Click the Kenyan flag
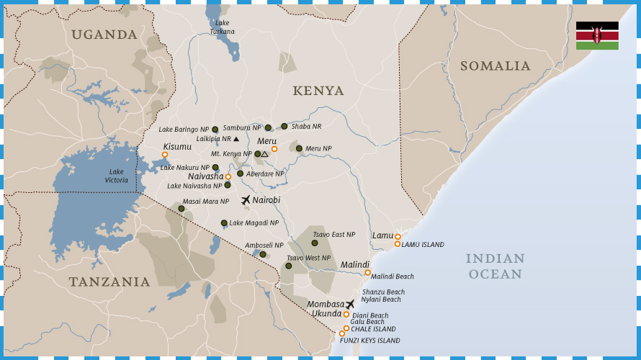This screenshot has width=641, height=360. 597,35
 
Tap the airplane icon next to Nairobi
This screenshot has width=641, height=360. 246,200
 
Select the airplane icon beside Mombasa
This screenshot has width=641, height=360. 350,305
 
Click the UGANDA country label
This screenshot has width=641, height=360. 104,35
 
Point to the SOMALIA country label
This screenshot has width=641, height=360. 495,66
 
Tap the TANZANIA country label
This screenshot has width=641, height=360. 109,282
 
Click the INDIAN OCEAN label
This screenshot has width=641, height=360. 495,266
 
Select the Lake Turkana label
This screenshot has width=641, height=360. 222,27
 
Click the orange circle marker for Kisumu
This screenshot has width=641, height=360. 165,155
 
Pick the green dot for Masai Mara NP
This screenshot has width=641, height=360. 181,209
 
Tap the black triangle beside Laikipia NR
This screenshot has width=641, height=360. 236,139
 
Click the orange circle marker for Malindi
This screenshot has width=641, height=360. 367,272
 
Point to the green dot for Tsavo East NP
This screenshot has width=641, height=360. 315,243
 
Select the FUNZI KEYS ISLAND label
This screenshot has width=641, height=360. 369,341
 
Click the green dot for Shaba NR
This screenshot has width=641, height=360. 284,126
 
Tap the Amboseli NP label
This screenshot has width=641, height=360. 264,246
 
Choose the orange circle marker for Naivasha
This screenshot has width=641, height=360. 228,176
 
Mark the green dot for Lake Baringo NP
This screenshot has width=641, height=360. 215,130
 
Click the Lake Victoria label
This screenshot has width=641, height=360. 116,175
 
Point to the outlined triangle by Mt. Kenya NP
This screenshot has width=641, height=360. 265,154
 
